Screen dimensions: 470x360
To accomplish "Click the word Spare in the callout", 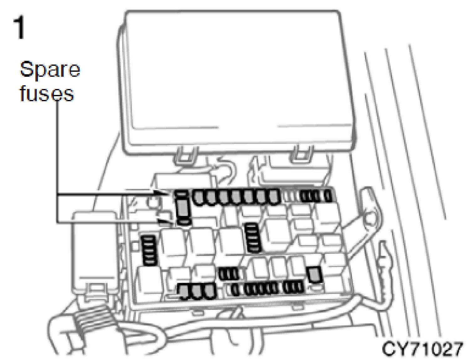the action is coord(50,70).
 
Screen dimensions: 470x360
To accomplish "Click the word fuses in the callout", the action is coord(47,93).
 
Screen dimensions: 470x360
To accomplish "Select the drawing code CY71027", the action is coord(422,349).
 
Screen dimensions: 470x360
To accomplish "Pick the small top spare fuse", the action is coord(181,193).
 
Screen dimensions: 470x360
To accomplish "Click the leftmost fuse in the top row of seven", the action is coord(199,197).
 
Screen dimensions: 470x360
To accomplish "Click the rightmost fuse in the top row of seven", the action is coord(274,196).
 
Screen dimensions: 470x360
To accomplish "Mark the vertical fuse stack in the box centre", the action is coord(253,237).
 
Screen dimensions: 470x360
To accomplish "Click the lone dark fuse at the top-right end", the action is coord(328,196).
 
